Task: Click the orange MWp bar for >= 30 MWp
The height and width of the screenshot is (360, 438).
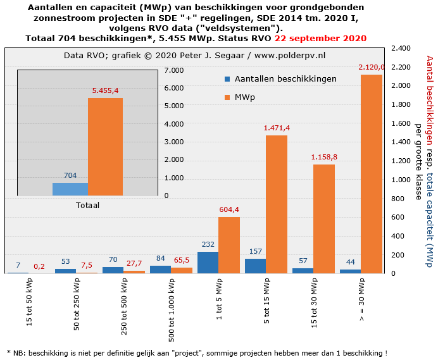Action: tap(372, 174)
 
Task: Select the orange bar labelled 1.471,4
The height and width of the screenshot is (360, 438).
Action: tap(277, 204)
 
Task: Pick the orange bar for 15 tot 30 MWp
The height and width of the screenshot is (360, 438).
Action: tap(324, 219)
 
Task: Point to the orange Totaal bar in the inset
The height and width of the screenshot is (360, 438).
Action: tap(105, 147)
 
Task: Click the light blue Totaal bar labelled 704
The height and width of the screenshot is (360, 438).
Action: tap(70, 189)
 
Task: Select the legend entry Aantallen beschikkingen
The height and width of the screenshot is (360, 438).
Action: tap(285, 79)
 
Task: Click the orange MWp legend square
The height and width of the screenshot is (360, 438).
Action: tap(227, 97)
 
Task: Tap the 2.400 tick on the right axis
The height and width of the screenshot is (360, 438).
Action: tap(403, 48)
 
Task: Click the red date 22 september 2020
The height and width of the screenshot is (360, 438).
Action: tap(329, 39)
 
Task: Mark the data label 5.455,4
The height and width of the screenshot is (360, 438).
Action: tap(105, 91)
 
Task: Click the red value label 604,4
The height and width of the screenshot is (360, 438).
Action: tap(228, 210)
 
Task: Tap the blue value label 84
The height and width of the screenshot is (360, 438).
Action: tap(160, 258)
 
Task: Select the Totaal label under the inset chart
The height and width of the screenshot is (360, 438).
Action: tap(87, 205)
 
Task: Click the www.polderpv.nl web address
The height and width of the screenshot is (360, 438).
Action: tap(290, 56)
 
